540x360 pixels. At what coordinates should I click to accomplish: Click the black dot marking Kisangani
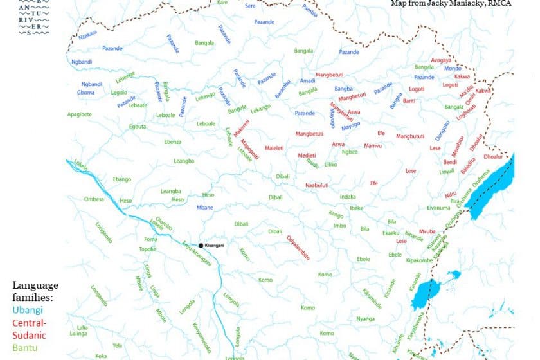[x=201, y=246]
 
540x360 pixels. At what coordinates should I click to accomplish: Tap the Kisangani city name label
[x=217, y=246]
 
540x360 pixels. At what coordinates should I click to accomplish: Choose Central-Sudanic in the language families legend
[x=30, y=328]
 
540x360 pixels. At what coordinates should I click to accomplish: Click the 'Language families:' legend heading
[x=35, y=291]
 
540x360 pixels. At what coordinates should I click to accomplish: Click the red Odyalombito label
[x=298, y=248]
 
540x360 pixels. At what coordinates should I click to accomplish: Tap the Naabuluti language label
[x=317, y=185]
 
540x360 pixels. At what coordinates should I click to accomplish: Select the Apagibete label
[x=79, y=114]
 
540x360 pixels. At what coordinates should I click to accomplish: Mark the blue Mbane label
[x=204, y=208]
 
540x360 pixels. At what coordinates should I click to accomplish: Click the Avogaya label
[x=441, y=60]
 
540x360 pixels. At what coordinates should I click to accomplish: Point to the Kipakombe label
[x=419, y=260]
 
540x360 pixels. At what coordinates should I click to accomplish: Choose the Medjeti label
[x=307, y=156]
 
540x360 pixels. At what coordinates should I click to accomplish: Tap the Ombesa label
[x=94, y=199]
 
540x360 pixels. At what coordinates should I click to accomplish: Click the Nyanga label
[x=366, y=318]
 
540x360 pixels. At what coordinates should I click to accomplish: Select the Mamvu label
[x=373, y=146]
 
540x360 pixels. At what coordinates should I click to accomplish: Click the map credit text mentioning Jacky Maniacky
[x=451, y=3]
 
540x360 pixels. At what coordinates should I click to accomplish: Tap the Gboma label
[x=85, y=93]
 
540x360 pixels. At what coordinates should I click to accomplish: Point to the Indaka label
[x=348, y=196]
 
